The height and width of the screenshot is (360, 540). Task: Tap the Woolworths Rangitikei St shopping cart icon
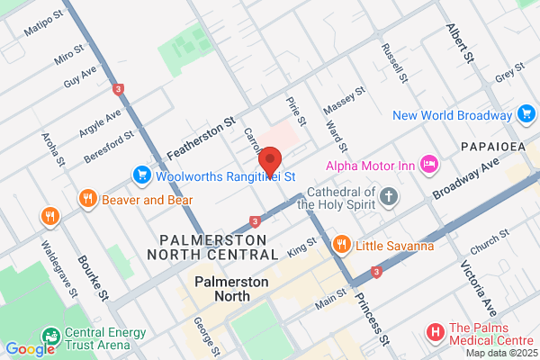[x=141, y=174]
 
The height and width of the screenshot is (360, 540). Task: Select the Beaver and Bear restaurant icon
[x=87, y=199]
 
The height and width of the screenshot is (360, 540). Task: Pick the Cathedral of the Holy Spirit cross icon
[x=389, y=195]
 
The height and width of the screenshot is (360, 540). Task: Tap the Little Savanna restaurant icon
[x=341, y=244]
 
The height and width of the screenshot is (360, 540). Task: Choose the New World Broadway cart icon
[x=526, y=114]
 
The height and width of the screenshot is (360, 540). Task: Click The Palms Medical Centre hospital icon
[x=436, y=333]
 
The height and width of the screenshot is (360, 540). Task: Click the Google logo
[x=30, y=349]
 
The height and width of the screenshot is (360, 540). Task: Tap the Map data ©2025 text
[x=503, y=352]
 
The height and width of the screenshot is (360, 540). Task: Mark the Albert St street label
[x=459, y=43]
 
